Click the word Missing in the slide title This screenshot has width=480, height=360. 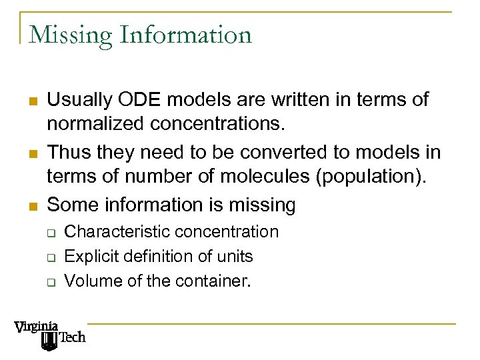[71, 35]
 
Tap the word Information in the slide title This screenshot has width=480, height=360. [186, 35]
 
